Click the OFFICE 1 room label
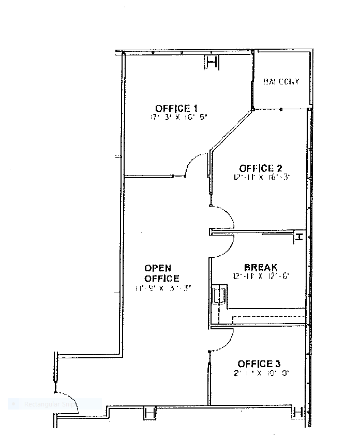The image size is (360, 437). [176, 108]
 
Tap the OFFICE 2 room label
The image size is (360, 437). [260, 168]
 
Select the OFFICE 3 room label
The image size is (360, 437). [259, 363]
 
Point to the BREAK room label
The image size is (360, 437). [261, 267]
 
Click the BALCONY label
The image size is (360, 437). [281, 82]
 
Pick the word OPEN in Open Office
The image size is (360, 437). [158, 268]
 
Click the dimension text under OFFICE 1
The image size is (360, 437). [178, 118]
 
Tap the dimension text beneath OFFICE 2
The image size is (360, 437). [262, 177]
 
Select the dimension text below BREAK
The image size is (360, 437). [260, 276]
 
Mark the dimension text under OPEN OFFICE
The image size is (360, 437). [163, 288]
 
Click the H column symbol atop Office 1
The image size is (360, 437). [211, 62]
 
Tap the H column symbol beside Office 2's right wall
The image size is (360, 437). [298, 237]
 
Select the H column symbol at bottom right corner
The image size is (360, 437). [297, 412]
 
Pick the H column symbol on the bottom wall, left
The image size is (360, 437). [149, 413]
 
